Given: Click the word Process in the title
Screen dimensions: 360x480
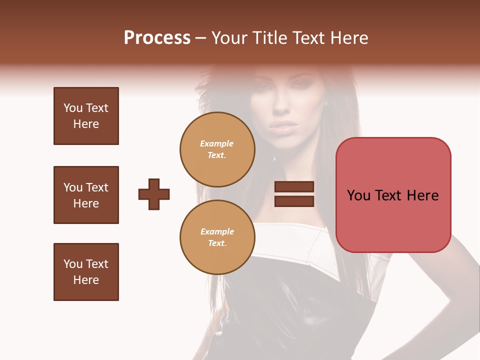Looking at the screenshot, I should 157,38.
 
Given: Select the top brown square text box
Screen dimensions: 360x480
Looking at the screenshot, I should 86,116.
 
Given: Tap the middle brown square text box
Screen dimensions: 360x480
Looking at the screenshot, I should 86,195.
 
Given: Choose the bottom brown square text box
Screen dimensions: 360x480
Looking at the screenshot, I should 86,272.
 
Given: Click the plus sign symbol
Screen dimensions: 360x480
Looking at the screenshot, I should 154,194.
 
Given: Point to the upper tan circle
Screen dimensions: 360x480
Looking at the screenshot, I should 217,149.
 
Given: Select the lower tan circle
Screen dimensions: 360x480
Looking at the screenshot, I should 217,237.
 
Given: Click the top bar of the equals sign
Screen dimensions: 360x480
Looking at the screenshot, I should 294,187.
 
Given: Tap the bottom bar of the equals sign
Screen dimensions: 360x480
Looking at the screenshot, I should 294,201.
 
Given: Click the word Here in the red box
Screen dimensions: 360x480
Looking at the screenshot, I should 422,195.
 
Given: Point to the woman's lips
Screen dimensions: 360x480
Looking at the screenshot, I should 284,126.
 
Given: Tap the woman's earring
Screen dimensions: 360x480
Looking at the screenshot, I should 325,103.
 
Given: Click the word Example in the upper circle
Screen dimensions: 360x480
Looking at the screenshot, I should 217,143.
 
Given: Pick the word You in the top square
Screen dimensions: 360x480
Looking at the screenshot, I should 72,108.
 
